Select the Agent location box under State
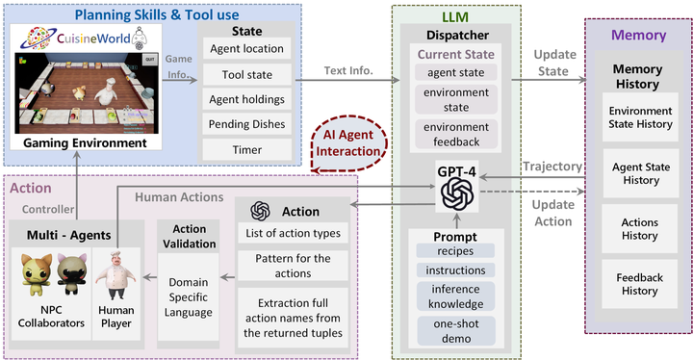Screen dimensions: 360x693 pos(246,48)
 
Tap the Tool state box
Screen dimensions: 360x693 pos(246,74)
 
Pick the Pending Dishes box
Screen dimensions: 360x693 pos(246,124)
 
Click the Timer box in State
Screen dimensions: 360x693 pos(246,149)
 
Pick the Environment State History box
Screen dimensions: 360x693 pos(640,118)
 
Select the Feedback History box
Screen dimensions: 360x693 pos(640,284)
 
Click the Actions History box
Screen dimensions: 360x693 pos(640,229)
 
